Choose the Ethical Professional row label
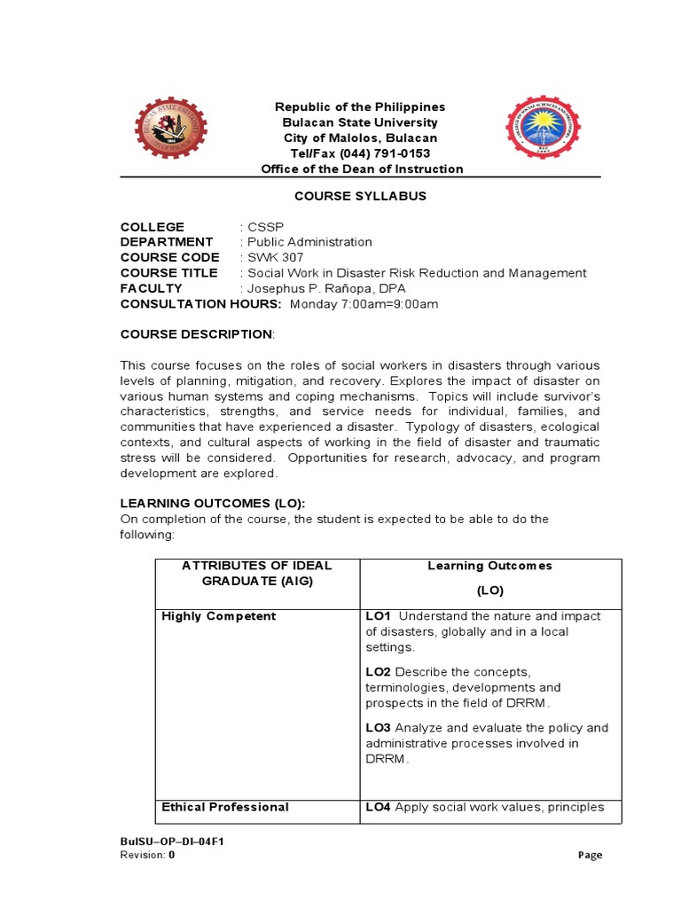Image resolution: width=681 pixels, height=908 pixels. [225, 807]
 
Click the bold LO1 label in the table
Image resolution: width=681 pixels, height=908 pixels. [378, 616]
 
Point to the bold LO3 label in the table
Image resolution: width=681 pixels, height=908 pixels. [378, 728]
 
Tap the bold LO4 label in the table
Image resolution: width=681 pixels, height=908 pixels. [378, 807]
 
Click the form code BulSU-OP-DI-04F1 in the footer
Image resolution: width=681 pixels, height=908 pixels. [171, 841]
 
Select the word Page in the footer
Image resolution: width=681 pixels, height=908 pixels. [590, 855]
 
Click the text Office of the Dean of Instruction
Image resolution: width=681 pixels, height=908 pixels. [361, 168]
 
